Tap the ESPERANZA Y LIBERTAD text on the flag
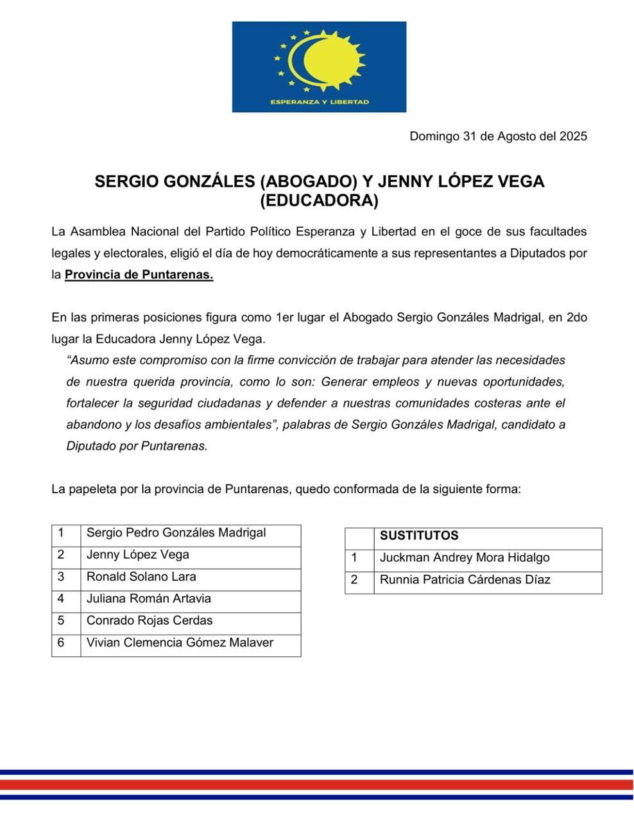pyautogui.click(x=319, y=102)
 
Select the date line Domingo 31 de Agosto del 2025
pyautogui.click(x=498, y=136)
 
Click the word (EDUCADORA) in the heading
pyautogui.click(x=319, y=201)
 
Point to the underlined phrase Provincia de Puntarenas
pyautogui.click(x=139, y=275)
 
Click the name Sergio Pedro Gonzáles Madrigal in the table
pyautogui.click(x=176, y=533)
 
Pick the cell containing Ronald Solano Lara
pyautogui.click(x=141, y=577)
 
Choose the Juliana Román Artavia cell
pyautogui.click(x=149, y=598)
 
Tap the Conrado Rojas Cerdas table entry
pyautogui.click(x=150, y=620)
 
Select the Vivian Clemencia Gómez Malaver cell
pyautogui.click(x=180, y=643)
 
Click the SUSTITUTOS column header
pyautogui.click(x=419, y=536)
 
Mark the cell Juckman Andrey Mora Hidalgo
pyautogui.click(x=465, y=558)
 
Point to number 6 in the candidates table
pyautogui.click(x=61, y=643)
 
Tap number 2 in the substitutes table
pyautogui.click(x=354, y=580)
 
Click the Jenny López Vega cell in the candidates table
pyautogui.click(x=138, y=555)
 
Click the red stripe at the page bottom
pyautogui.click(x=317, y=784)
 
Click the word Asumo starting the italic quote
pyautogui.click(x=86, y=360)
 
